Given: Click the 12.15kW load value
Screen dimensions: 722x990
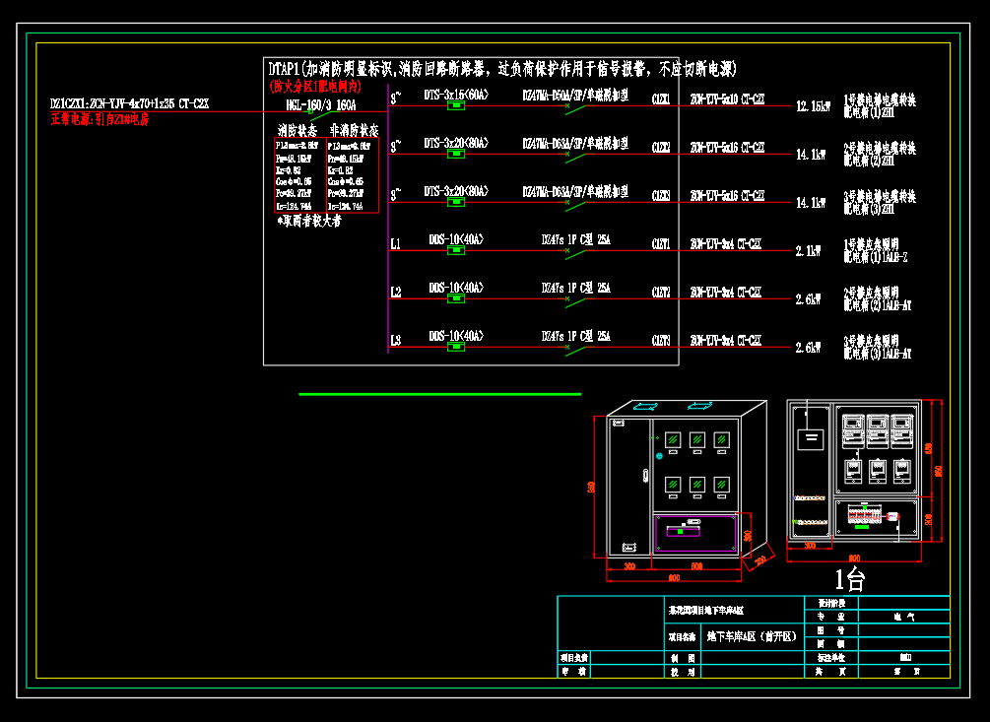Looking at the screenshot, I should point(813,106).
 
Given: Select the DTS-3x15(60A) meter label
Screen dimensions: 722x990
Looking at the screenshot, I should point(455,96).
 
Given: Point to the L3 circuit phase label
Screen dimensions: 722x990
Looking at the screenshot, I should point(395,341).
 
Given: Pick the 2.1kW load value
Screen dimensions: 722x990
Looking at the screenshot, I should point(808,251).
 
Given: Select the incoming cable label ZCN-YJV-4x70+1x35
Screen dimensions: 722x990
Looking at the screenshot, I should point(130,102).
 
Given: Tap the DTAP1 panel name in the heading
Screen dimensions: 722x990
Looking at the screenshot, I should point(284,69).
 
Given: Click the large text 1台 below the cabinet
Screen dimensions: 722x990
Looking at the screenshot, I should point(850,579).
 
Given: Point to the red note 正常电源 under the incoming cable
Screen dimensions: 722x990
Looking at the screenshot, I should point(99,119).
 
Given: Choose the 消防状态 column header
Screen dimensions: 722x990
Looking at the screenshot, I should point(297,130).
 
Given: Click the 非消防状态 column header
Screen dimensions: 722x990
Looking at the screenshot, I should point(353,130).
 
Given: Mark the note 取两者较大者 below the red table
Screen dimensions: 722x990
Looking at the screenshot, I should point(310,223).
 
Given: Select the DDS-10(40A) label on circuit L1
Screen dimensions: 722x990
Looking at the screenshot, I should point(456,239).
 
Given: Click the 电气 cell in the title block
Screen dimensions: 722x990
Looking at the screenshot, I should point(902,617).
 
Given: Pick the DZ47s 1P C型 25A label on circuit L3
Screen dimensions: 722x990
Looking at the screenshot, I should point(575,336).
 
